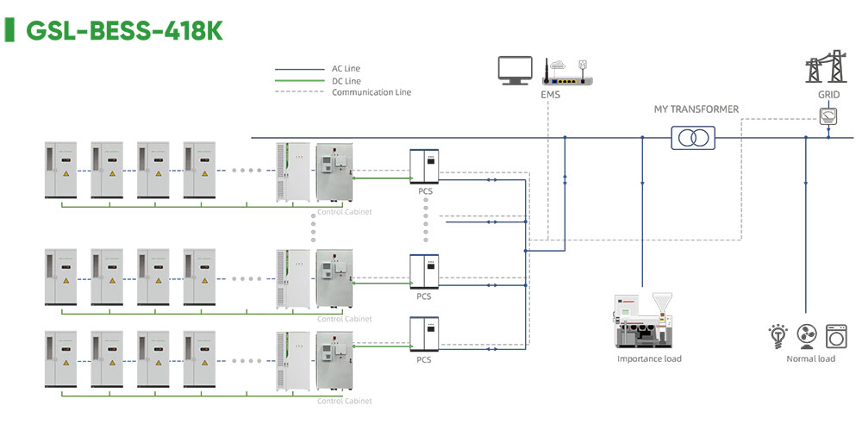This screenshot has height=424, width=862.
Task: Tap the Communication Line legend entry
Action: [x=371, y=92]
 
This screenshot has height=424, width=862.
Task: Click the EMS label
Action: [x=550, y=94]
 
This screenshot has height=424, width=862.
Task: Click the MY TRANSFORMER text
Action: [x=696, y=109]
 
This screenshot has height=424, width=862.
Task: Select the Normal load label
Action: [x=810, y=359]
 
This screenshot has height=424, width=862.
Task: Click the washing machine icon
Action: [x=836, y=334]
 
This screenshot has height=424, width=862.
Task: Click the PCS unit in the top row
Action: [x=424, y=166]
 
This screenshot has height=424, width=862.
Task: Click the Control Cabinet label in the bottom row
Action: [x=345, y=401]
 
